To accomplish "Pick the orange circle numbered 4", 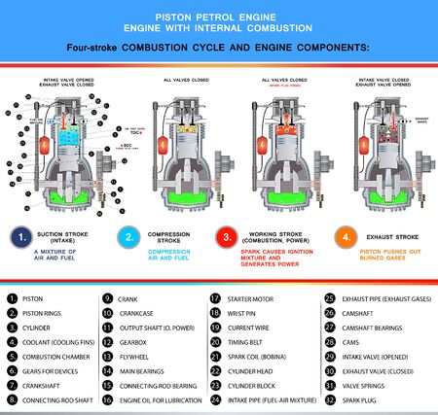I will (x=345, y=236).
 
